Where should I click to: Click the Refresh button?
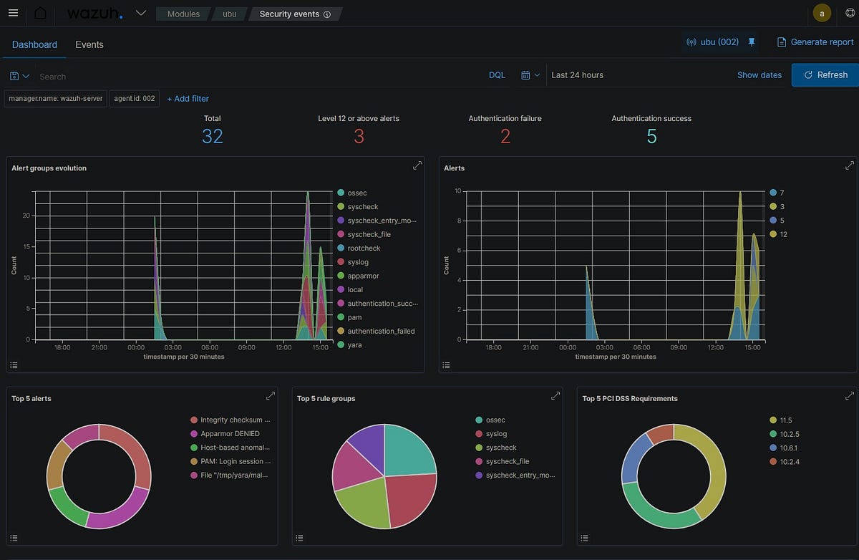(x=825, y=74)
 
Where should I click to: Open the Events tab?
(x=89, y=44)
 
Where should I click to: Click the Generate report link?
(x=815, y=42)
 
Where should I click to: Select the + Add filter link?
(x=188, y=99)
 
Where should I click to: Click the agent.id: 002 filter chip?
(x=135, y=99)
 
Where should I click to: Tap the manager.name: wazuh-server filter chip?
(x=55, y=99)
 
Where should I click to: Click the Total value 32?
(x=212, y=136)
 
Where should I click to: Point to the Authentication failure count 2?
(x=505, y=136)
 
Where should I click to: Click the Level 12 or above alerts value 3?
(x=359, y=136)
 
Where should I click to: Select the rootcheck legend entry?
(x=364, y=248)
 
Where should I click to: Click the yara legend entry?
(x=354, y=345)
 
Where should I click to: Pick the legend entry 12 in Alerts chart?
(x=782, y=234)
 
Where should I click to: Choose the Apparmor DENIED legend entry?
(x=230, y=434)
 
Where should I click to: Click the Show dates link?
(x=759, y=75)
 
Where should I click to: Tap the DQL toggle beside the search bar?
(x=497, y=75)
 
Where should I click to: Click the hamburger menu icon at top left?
(x=12, y=13)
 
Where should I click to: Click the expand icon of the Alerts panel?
(x=849, y=165)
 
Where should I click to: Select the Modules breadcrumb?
(x=183, y=14)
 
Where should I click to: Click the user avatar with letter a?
(x=822, y=13)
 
